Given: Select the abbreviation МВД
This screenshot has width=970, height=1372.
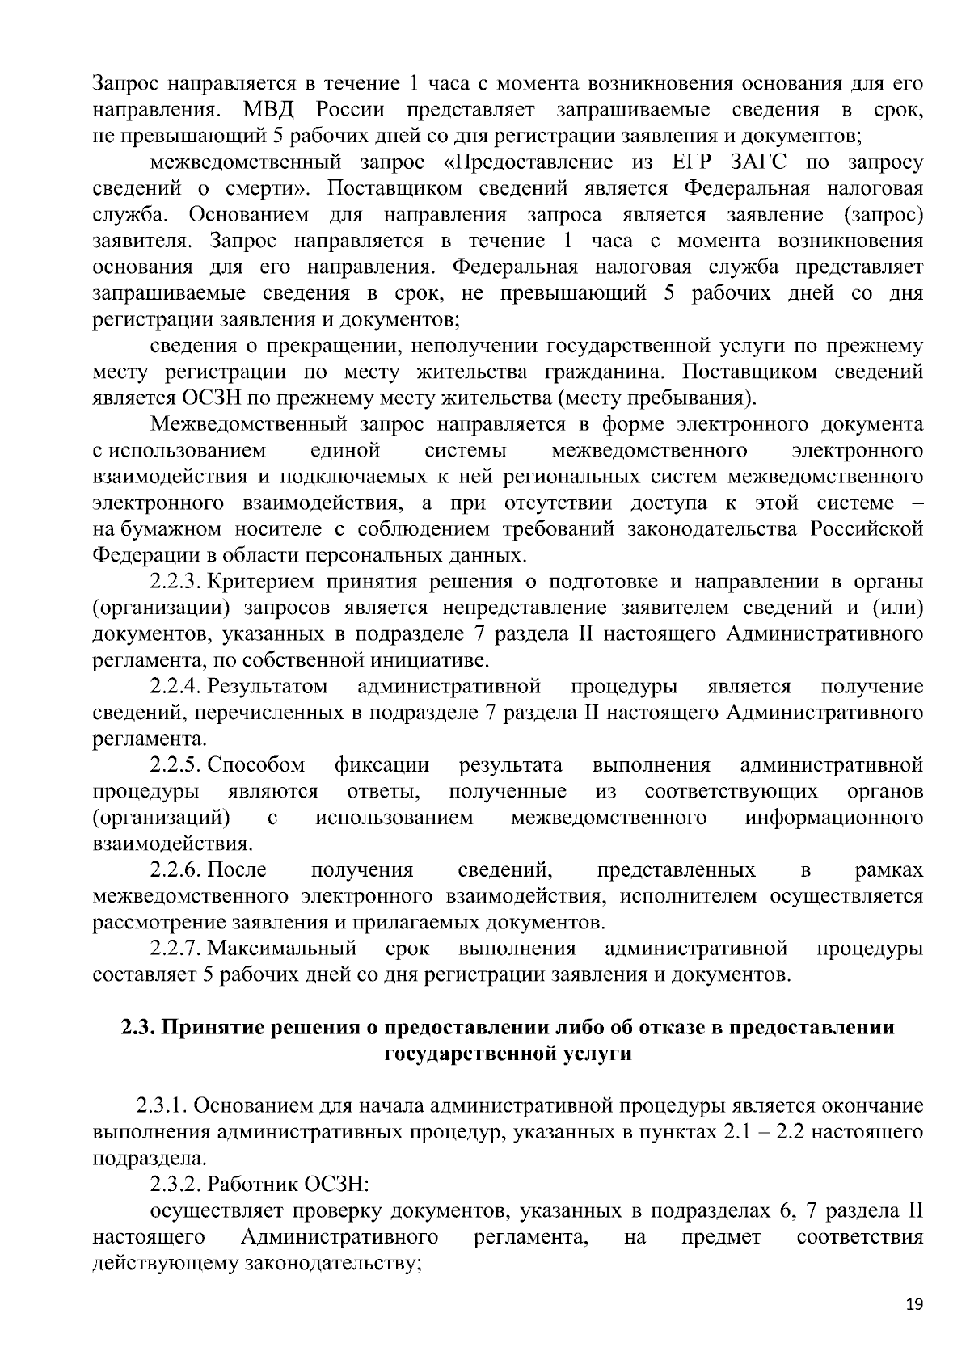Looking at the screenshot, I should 271,109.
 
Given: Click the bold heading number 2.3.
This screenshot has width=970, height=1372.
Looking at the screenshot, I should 137,1028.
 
